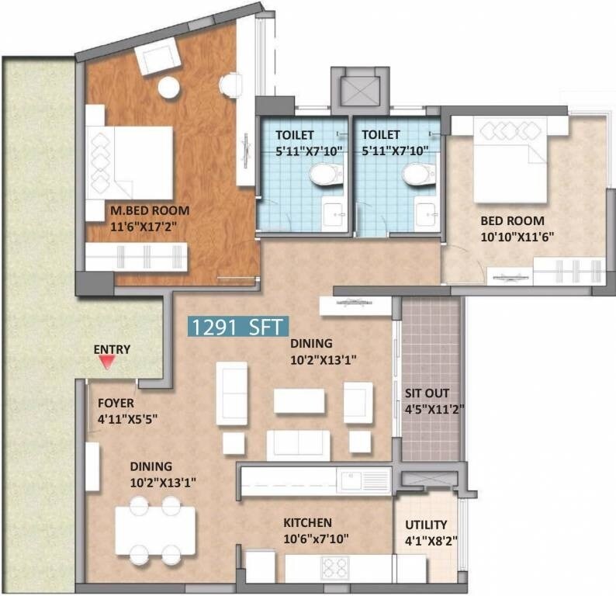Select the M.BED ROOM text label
149,210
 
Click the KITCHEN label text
307,523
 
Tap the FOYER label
116,404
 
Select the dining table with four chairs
155,529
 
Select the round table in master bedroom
169,88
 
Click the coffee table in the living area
299,400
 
